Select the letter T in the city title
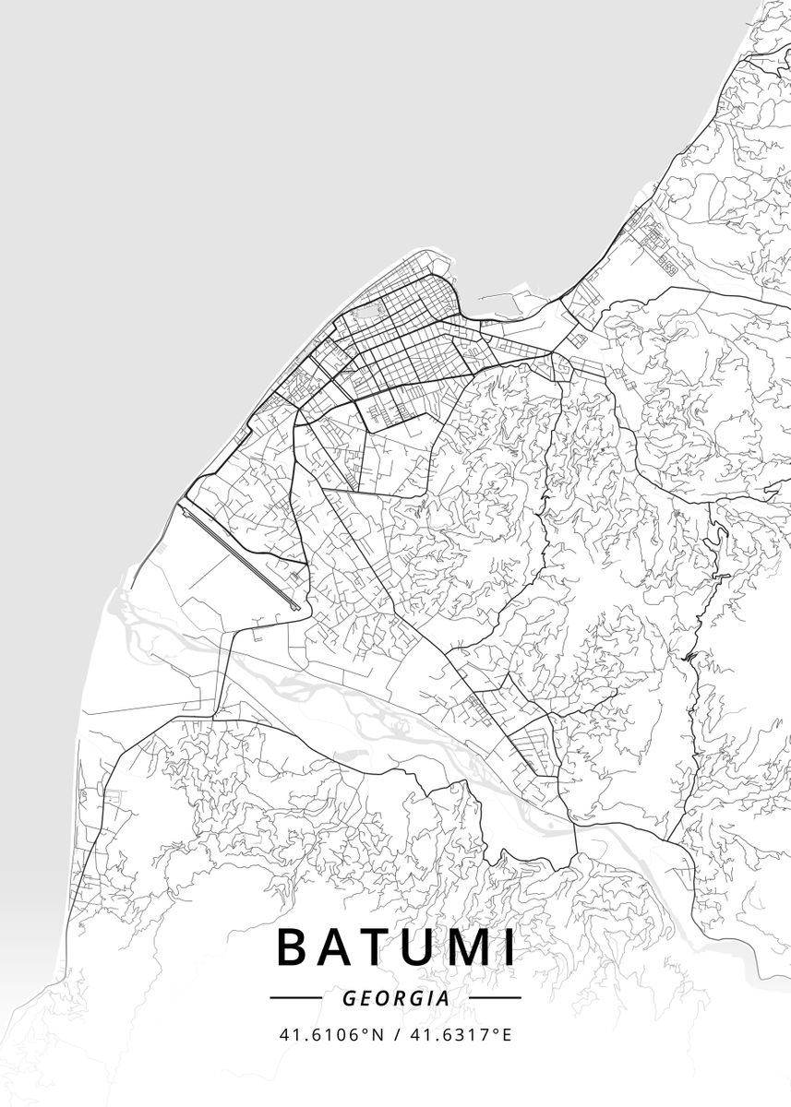pos(378,948)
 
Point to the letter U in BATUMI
pos(421,948)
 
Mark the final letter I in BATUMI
pos(509,948)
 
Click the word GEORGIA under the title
pos(395,998)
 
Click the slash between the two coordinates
pos(396,1034)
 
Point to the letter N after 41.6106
pos(376,1034)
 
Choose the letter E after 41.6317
pos(506,1034)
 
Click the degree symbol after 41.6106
pos(363,1030)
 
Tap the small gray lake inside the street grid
pos(367,313)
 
